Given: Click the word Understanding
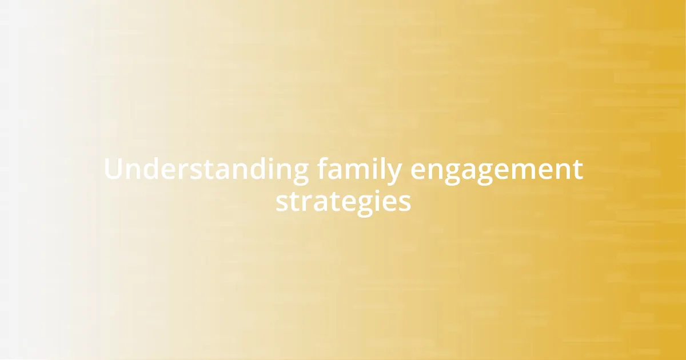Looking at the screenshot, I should (x=206, y=170).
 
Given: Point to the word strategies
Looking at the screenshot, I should (x=343, y=202).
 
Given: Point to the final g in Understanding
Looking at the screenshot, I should (x=300, y=173).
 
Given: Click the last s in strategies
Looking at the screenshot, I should (x=404, y=203).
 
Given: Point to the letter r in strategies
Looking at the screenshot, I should (x=306, y=203).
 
